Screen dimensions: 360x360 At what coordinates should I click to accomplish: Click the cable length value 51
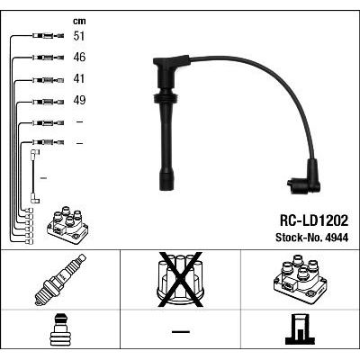[x=79, y=36]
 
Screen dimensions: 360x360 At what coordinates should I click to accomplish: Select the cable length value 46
[x=79, y=57]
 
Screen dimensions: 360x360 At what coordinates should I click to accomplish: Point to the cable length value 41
[x=79, y=78]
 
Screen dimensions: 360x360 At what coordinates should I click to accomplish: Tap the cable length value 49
[x=79, y=100]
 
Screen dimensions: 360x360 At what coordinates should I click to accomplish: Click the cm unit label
[x=79, y=22]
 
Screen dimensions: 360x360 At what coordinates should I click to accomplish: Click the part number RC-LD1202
[x=314, y=220]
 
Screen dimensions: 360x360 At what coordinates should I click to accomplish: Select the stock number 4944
[x=336, y=238]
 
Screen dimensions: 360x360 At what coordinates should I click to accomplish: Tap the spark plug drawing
[x=60, y=280]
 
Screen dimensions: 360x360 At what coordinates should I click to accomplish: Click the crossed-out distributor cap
[x=180, y=280]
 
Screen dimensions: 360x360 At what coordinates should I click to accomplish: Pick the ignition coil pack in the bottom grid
[x=300, y=279]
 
